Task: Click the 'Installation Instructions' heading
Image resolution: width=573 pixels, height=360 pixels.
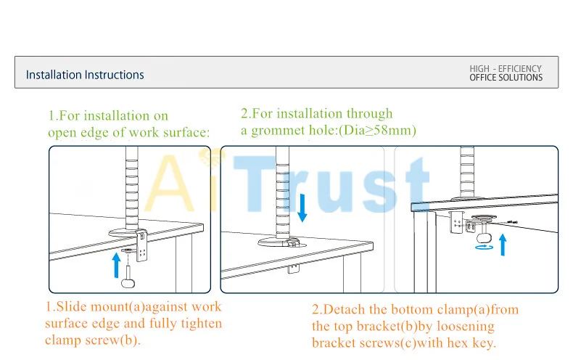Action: (x=85, y=75)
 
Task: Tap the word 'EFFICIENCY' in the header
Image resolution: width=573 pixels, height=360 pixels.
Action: (x=519, y=69)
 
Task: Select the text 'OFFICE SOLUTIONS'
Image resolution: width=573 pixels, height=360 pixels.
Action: (x=506, y=78)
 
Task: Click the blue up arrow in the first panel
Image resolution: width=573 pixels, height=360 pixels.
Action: (x=117, y=265)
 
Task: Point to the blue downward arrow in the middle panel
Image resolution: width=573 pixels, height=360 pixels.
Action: (x=302, y=208)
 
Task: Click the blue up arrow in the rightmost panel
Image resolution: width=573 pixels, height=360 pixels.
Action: (x=503, y=245)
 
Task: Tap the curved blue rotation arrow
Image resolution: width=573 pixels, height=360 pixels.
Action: (x=485, y=247)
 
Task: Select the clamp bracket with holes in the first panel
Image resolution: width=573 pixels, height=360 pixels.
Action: (x=141, y=245)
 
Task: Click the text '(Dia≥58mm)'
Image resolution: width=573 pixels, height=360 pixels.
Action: (x=377, y=130)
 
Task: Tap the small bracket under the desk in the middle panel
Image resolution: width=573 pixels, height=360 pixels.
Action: (x=294, y=269)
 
